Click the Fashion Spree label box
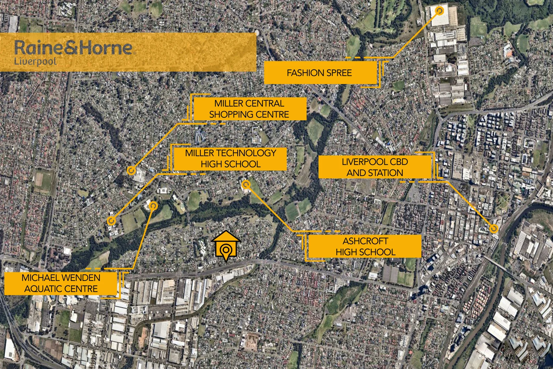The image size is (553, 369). [320, 73]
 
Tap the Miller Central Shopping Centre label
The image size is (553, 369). [249, 109]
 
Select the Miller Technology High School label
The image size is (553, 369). [230, 159]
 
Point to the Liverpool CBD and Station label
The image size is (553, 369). [374, 167]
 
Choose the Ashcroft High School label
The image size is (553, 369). [365, 246]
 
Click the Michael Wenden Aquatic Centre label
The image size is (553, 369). [61, 283]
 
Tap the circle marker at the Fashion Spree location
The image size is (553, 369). [440, 11]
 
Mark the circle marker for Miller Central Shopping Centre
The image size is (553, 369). [130, 170]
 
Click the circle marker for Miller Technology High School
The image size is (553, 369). [111, 221]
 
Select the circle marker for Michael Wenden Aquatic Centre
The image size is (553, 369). [153, 205]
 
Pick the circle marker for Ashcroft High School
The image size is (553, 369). [246, 185]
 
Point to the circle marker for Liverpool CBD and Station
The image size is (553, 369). [494, 229]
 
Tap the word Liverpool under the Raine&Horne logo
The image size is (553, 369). [35, 62]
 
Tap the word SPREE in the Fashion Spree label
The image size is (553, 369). [338, 73]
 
